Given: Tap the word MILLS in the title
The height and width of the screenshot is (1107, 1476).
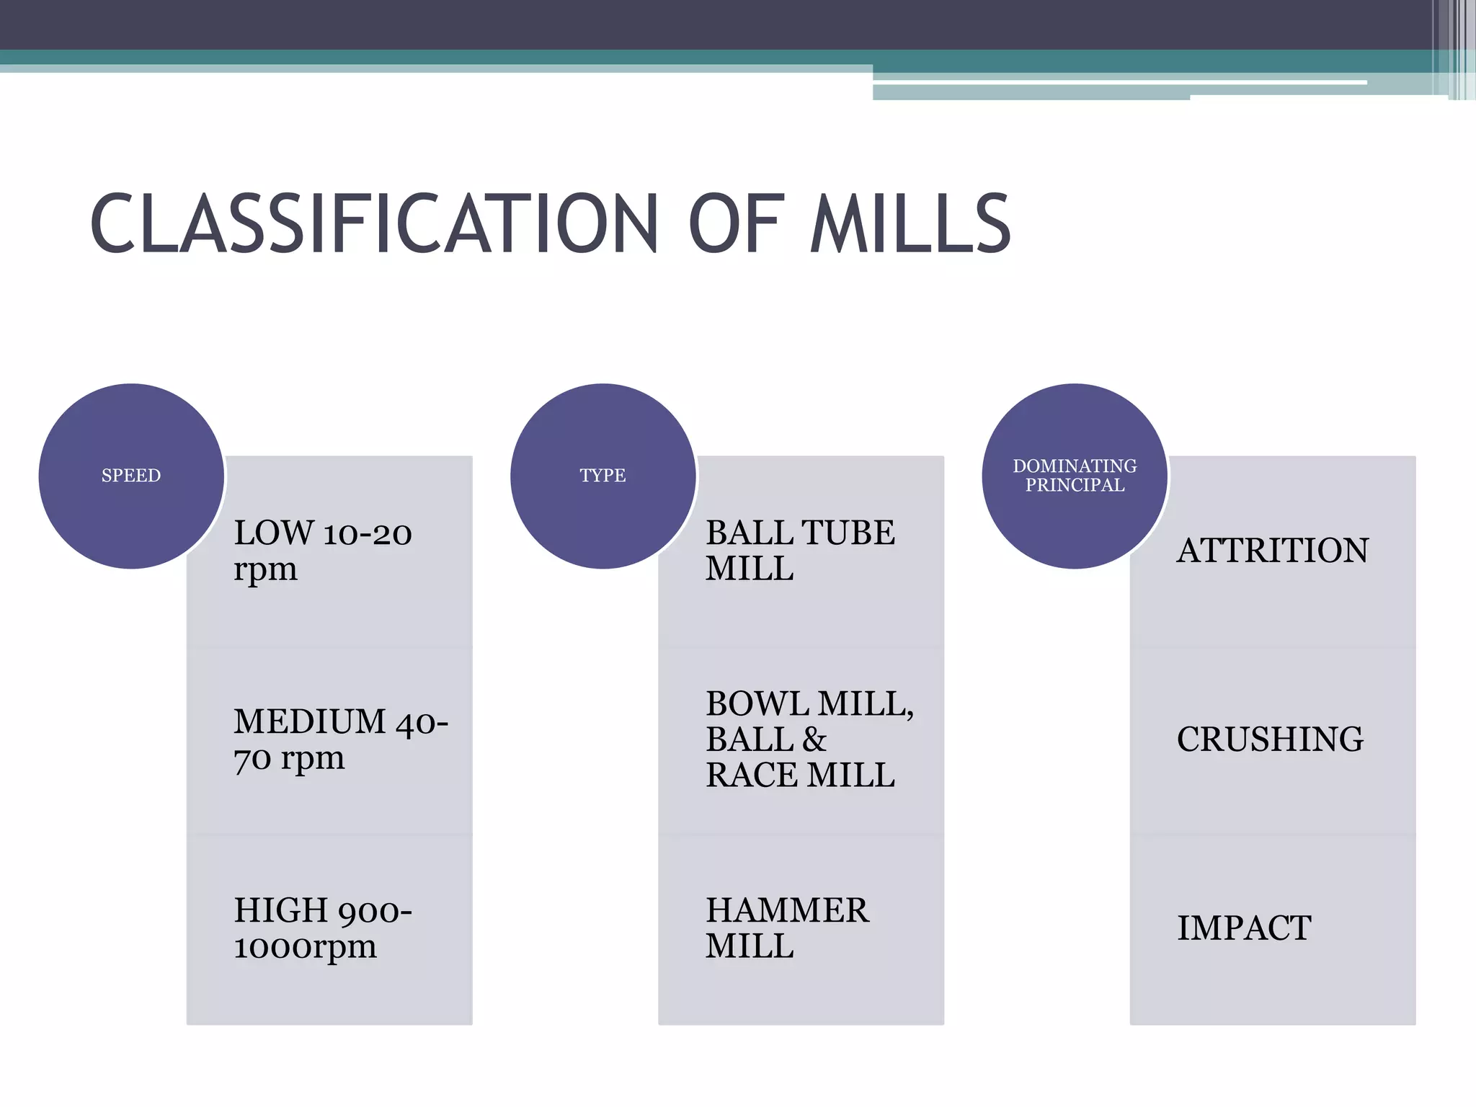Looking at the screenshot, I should pos(911,224).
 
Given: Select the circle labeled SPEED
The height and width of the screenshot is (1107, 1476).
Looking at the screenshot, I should pos(131,476).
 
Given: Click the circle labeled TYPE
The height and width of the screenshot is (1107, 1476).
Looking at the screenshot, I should pos(603,476).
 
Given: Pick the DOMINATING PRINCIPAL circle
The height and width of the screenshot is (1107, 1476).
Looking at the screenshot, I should pos(1075,476).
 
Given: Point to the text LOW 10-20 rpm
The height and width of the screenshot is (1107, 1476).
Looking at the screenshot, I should pos(322,551).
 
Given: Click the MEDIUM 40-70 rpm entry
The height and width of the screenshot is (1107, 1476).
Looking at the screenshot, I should pos(340,739).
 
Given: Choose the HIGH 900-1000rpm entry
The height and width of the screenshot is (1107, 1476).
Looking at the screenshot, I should pos(322,928).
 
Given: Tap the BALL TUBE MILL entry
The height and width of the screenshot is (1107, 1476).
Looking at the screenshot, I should pos(799,551).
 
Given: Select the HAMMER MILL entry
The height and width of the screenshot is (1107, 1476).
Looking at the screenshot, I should pos(786,928).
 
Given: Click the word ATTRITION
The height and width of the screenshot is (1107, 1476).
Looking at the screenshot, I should pos(1272,551).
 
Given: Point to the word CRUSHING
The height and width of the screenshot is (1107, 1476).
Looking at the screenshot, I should pos(1270,739).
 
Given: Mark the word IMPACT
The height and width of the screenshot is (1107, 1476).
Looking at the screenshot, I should pos(1244,928).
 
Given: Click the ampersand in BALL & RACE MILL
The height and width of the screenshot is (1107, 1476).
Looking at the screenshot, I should pos(814,739).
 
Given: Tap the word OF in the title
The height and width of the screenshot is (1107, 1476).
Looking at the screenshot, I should pos(736,224).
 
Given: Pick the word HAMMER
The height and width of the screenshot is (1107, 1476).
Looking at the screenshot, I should pos(787,910).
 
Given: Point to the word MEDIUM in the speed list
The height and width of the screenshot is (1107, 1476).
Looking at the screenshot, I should pos(310,721).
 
